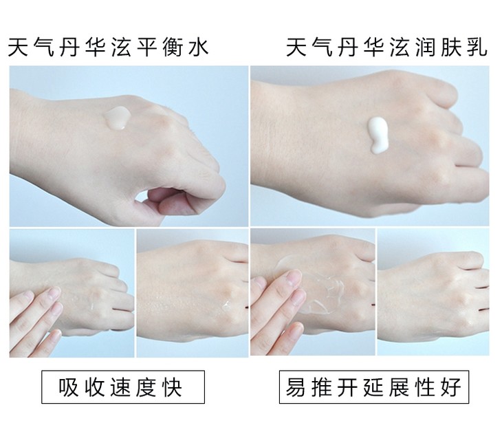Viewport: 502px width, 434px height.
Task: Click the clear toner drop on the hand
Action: [x=117, y=118]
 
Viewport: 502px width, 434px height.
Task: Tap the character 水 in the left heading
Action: [x=199, y=47]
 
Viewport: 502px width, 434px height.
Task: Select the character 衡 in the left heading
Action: [x=173, y=47]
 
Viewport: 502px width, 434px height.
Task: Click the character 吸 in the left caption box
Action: [x=68, y=387]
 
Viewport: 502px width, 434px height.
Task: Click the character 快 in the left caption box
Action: [x=172, y=387]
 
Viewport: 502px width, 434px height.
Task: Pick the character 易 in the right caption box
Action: [x=296, y=387]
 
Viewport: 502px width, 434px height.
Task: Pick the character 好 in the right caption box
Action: [x=451, y=387]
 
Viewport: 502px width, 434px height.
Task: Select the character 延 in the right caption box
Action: [x=373, y=387]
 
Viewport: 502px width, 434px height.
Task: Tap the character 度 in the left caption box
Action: [x=146, y=387]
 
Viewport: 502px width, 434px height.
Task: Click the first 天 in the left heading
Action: [x=18, y=47]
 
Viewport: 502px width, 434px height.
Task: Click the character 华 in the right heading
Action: [x=373, y=47]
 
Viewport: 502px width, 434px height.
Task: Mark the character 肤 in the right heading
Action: [x=451, y=47]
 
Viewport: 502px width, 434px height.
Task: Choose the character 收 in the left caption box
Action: [x=94, y=387]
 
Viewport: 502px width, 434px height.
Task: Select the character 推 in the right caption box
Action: [x=321, y=387]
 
